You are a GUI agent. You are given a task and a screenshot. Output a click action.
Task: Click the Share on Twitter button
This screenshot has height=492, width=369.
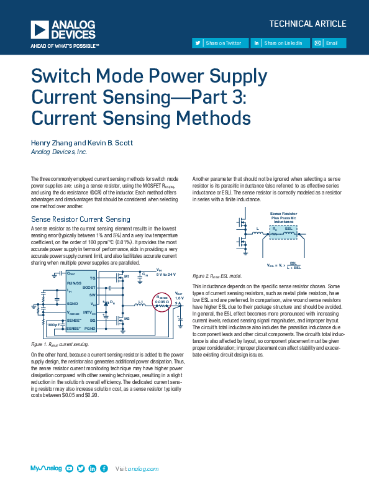pyautogui.click(x=219, y=43)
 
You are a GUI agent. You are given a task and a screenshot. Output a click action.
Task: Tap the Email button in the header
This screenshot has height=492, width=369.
pyautogui.click(x=329, y=43)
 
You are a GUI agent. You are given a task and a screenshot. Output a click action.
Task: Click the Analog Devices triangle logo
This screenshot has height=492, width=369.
pyautogui.click(x=39, y=29)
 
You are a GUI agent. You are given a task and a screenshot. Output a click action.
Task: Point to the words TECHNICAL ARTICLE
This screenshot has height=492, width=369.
pyautogui.click(x=307, y=24)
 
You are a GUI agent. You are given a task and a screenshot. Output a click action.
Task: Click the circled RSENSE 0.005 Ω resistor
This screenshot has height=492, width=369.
pyautogui.click(x=162, y=303)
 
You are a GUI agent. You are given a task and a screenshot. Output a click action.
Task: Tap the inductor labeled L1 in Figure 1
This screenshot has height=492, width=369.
pyautogui.click(x=140, y=304)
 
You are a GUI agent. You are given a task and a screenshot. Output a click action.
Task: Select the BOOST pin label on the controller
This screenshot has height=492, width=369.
pyautogui.click(x=89, y=288)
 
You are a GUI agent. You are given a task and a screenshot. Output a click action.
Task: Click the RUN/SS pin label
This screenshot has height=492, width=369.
pyautogui.click(x=75, y=283)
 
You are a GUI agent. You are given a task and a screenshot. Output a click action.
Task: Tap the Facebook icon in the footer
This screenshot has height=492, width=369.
pyautogui.click(x=104, y=468)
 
